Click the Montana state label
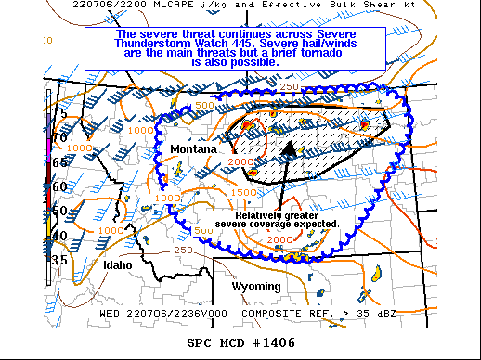click(x=193, y=148)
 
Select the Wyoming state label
click(x=255, y=286)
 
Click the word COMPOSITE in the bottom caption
click(x=268, y=314)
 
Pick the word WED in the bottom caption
click(x=111, y=314)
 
